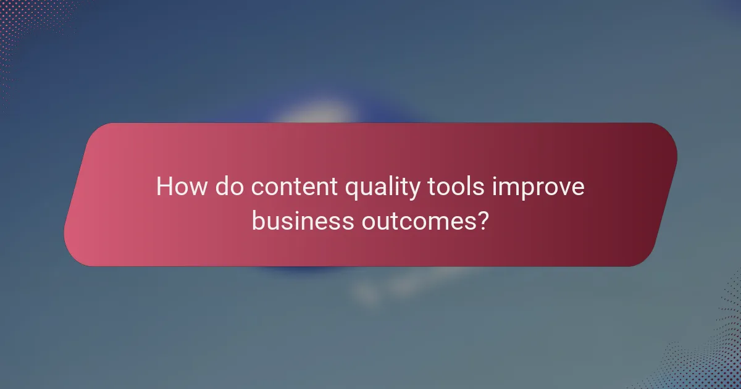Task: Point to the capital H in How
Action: click(164, 186)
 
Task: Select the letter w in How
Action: click(198, 188)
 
